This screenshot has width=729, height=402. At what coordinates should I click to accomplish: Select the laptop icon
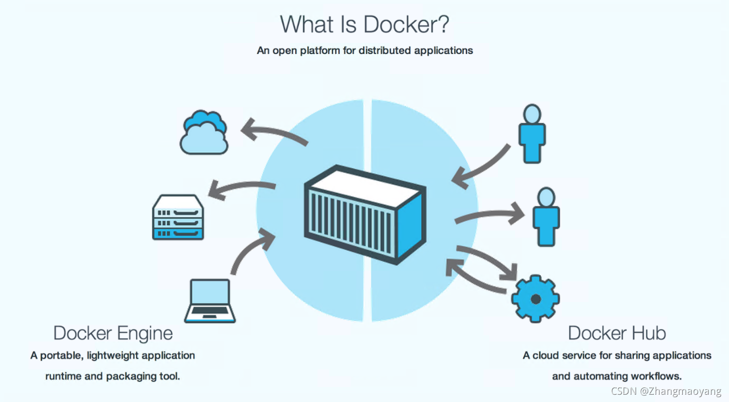[210, 300]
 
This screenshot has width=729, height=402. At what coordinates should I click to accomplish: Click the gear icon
[535, 298]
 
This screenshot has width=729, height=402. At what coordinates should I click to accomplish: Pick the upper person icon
[532, 133]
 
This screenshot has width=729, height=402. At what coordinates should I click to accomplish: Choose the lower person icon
[546, 216]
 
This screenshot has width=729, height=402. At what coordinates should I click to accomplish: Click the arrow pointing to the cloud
[275, 132]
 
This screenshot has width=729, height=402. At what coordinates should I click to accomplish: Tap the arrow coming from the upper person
[482, 166]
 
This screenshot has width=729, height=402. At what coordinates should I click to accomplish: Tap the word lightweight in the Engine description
[112, 356]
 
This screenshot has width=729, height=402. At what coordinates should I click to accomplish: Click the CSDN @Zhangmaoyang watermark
[666, 391]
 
